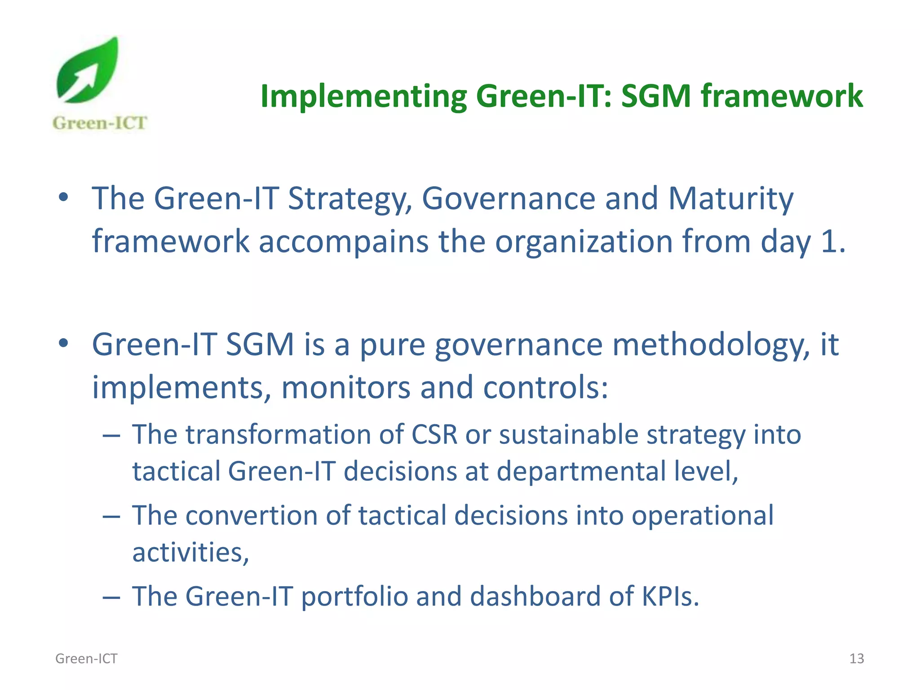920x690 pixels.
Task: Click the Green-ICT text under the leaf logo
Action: click(99, 123)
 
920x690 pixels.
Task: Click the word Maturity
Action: click(731, 199)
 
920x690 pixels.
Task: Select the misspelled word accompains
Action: click(344, 242)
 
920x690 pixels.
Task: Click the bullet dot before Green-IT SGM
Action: click(63, 343)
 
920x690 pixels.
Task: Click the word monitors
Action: click(345, 387)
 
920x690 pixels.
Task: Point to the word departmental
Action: click(582, 472)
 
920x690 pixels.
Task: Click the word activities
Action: click(190, 553)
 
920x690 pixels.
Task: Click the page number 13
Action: click(857, 659)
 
